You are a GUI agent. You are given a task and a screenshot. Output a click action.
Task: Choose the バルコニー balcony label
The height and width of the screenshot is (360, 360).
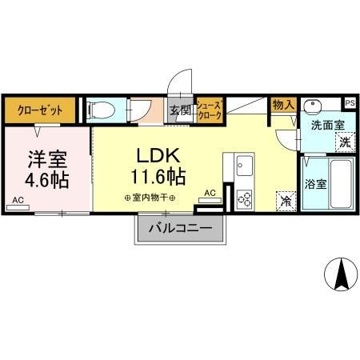(179, 228)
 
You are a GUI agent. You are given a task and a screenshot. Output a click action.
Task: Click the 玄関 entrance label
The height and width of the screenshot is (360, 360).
(178, 110)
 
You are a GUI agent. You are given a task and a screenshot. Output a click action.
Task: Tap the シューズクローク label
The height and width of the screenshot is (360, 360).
(209, 109)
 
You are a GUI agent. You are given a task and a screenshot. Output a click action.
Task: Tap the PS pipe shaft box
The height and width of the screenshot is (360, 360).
(350, 102)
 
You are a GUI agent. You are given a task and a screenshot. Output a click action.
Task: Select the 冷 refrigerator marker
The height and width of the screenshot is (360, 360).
(285, 201)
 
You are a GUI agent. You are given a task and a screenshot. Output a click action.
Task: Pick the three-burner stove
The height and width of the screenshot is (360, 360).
(244, 197)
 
